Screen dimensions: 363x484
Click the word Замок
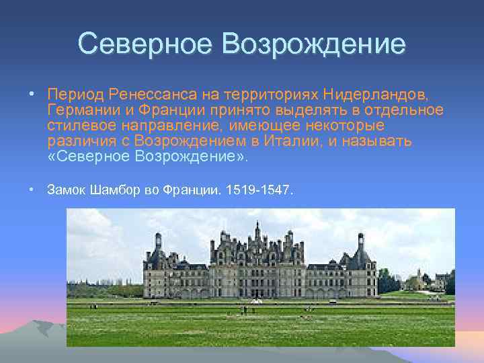pyautogui.click(x=67, y=190)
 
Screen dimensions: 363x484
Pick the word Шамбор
pyautogui.click(x=115, y=190)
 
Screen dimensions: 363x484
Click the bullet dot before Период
pyautogui.click(x=32, y=92)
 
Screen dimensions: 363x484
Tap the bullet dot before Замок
pyautogui.click(x=32, y=190)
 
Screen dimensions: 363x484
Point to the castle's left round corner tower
pyautogui.click(x=158, y=255)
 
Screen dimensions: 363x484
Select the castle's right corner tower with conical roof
pyautogui.click(x=361, y=255)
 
